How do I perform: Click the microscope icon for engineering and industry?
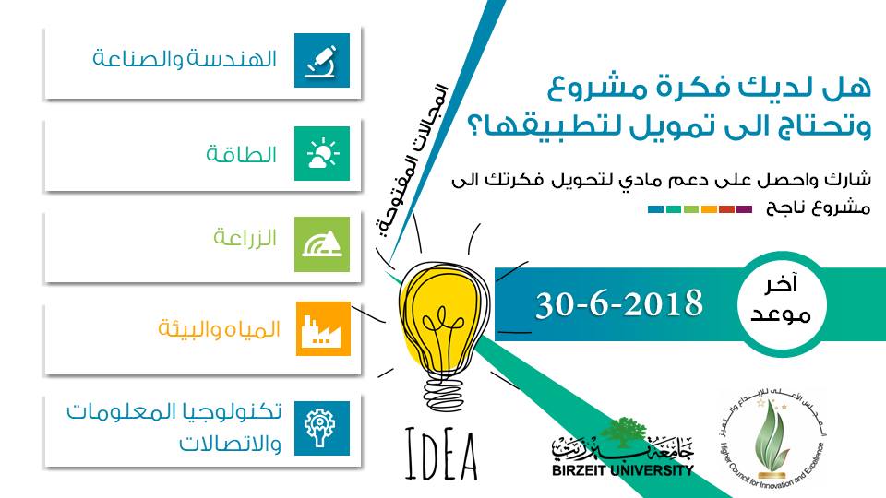coord(322,61)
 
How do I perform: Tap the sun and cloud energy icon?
coord(322,154)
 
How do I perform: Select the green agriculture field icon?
coord(322,244)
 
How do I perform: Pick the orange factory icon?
coord(323,328)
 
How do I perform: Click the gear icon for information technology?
coord(322,428)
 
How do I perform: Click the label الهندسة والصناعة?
coord(185,59)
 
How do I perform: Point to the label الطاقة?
coord(241,153)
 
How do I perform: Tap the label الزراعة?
coord(245,238)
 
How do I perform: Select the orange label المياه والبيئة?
coord(220,328)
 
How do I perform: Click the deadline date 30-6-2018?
coord(619,304)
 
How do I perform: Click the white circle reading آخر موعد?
coord(782,305)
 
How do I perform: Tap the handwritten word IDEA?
coord(441,455)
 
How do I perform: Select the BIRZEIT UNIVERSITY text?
coord(623,469)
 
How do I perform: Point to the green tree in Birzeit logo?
coord(622,432)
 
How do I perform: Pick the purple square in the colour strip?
coord(744,209)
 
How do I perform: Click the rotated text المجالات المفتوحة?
coord(413,160)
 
